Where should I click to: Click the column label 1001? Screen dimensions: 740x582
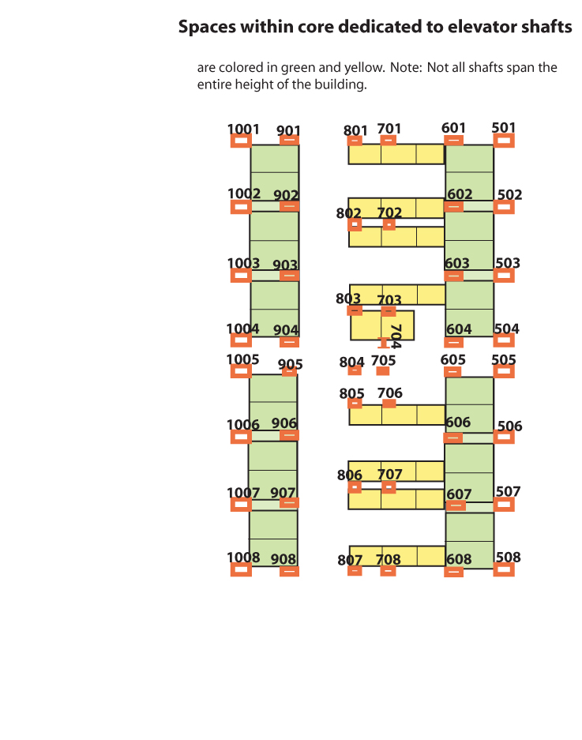tap(243, 130)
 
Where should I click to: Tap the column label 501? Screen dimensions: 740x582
tap(504, 128)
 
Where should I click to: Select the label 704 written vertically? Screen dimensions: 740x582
tap(396, 336)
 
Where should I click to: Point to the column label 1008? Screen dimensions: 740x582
tap(243, 558)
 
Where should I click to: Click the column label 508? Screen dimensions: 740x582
tap(508, 557)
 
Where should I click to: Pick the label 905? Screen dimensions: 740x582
tap(291, 364)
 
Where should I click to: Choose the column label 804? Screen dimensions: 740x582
tap(351, 362)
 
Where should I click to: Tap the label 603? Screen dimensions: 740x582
tap(456, 263)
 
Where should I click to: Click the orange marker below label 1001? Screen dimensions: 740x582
tap(241, 141)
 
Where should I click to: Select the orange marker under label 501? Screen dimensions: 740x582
tap(504, 140)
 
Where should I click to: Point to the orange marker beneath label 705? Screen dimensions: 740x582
tap(383, 371)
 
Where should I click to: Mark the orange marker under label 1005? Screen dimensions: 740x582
tap(241, 370)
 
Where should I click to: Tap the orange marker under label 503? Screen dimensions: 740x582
tap(504, 275)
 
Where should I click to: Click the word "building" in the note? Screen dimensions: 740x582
tap(341, 85)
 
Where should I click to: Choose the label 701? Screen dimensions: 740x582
tap(389, 128)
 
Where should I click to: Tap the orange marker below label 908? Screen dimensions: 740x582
tap(289, 571)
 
